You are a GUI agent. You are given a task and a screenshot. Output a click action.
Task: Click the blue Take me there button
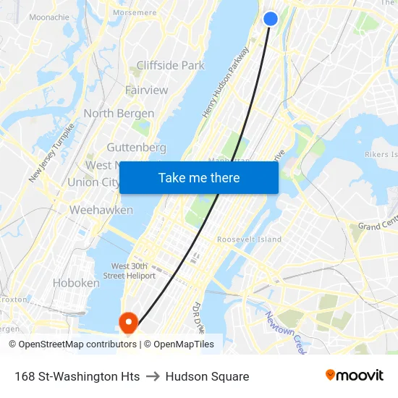199,177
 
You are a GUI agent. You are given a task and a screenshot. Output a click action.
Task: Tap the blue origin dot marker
271,19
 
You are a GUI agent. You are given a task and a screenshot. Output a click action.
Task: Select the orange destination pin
128,323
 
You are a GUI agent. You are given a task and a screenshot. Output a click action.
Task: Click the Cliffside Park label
170,65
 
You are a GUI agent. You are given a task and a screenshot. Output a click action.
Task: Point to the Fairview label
146,90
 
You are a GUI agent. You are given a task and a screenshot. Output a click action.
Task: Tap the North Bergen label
119,114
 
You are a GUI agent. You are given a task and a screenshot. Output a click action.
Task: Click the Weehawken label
101,210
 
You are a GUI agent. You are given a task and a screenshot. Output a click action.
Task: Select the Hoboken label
76,283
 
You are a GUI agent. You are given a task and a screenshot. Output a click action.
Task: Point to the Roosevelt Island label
250,240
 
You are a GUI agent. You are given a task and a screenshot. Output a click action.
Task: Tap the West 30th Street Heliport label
133,271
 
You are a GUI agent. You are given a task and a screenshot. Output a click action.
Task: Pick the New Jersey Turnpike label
52,153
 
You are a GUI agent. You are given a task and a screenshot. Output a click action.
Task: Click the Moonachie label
49,16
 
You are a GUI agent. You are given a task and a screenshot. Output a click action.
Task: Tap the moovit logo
354,375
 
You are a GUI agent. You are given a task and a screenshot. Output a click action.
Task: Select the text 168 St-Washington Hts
77,376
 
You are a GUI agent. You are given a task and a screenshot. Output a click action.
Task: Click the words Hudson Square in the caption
207,376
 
